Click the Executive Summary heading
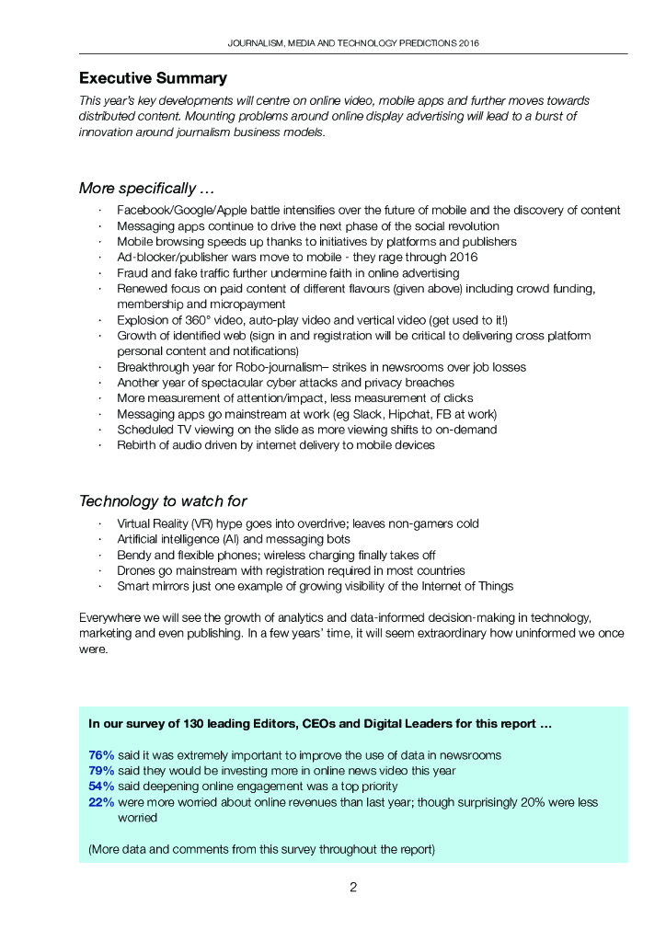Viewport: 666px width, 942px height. click(153, 78)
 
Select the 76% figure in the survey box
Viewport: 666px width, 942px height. click(101, 755)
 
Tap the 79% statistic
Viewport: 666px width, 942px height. click(101, 771)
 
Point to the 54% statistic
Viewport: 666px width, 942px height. click(101, 787)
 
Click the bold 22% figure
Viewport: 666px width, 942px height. click(101, 802)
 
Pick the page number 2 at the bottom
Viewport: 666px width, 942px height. click(352, 887)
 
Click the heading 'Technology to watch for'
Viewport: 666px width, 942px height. click(163, 501)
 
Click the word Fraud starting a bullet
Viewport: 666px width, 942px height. click(132, 273)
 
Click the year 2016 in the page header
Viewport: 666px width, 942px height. click(467, 43)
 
